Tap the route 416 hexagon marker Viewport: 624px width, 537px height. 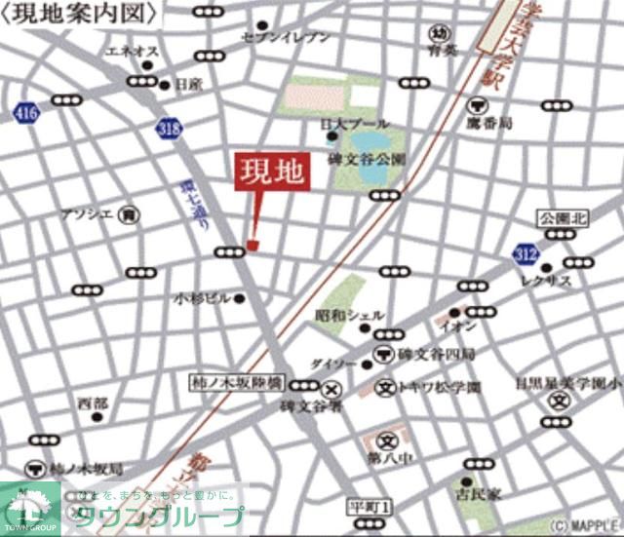pos(26,114)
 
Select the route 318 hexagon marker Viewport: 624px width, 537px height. pos(167,126)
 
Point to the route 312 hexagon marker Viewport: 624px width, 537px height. pos(525,253)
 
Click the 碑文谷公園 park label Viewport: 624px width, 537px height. pos(366,158)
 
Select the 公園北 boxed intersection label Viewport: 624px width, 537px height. pos(565,219)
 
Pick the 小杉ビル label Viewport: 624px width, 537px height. pos(202,297)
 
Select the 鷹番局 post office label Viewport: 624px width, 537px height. pos(512,124)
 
